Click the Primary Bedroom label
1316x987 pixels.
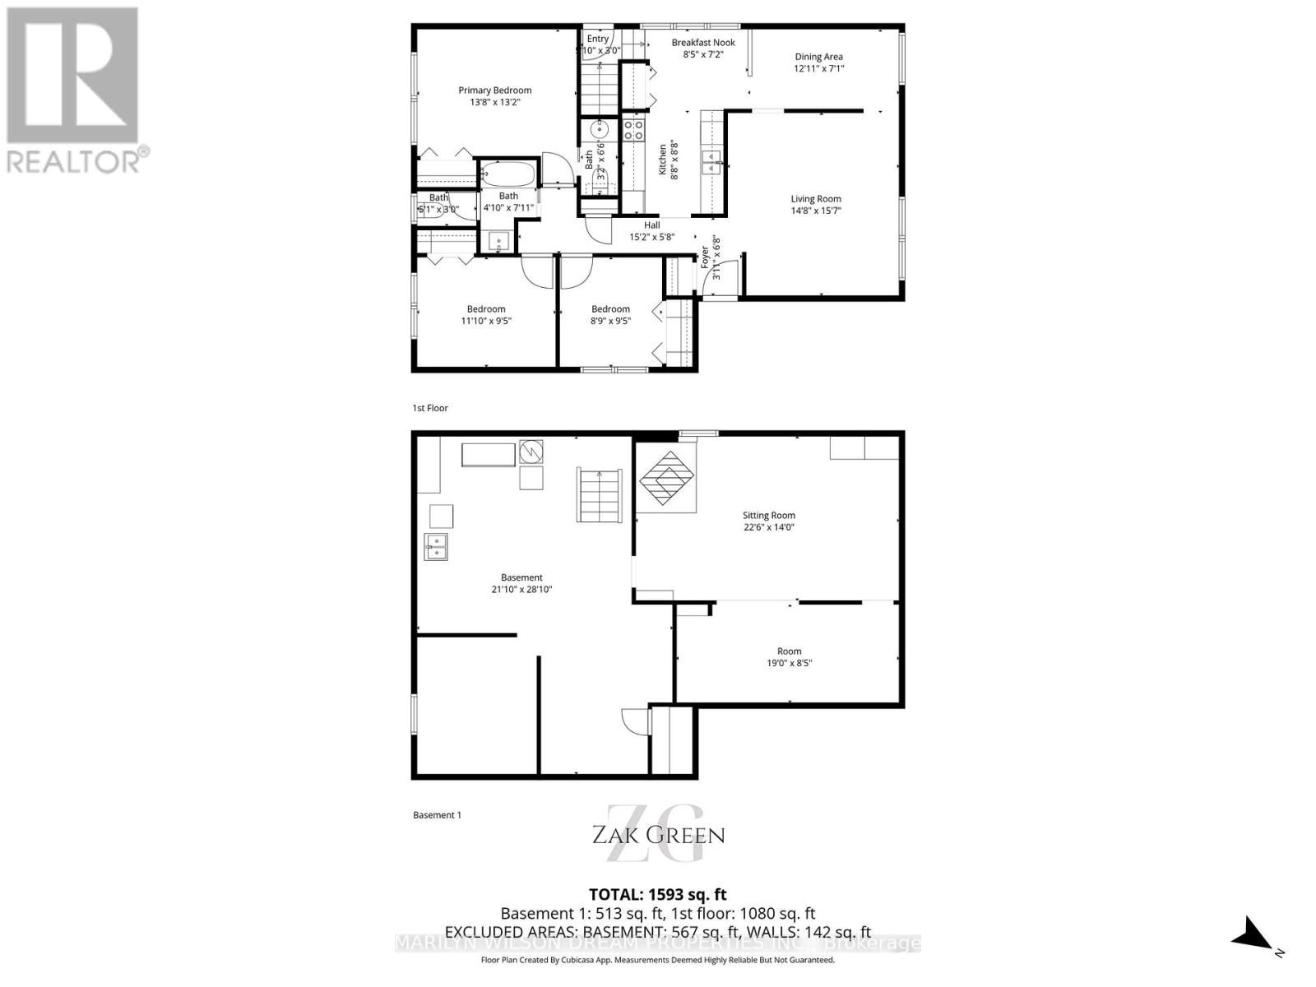[494, 90]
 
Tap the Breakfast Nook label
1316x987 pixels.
[703, 43]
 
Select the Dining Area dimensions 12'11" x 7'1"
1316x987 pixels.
[818, 69]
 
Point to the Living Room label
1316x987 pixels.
[816, 199]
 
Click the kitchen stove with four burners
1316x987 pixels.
[633, 129]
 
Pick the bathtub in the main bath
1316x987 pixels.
[507, 174]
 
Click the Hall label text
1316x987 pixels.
[652, 225]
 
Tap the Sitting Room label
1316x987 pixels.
[769, 516]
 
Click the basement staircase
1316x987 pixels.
[600, 494]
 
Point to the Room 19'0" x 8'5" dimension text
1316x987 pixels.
[789, 663]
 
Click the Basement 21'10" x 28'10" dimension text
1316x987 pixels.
[521, 590]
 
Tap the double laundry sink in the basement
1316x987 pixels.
[436, 547]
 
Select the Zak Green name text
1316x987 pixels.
[659, 836]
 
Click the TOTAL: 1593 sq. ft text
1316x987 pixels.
[658, 895]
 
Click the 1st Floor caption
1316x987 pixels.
[430, 408]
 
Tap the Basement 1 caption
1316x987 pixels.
[437, 815]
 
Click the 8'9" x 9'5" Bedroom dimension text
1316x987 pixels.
[611, 322]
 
